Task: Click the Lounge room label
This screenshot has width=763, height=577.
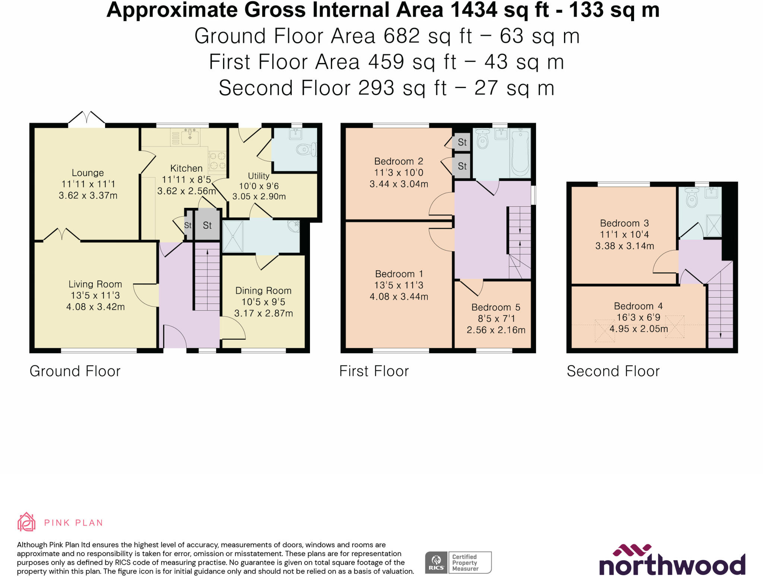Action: pos(88,173)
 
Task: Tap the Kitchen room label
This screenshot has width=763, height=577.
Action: pos(186,168)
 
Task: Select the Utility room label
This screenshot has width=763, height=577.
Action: pos(259,176)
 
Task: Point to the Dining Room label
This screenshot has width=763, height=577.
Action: pos(263,291)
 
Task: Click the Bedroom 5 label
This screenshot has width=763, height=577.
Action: pos(496,307)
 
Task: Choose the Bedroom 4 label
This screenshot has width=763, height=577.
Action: pos(639,306)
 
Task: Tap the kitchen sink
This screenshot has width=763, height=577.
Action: pos(190,136)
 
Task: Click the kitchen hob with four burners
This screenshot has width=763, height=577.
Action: pos(218,161)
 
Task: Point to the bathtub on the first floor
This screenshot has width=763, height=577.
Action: pos(521,153)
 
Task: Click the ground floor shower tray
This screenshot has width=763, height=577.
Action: pos(233,236)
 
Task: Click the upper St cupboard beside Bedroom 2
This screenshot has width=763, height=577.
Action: pos(462,142)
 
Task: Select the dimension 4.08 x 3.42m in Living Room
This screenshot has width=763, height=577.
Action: pos(95,307)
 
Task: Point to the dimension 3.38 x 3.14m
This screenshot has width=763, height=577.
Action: pos(625,246)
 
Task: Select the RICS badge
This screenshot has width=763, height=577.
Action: pos(458,562)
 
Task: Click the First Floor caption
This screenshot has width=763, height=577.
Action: pos(374,371)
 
